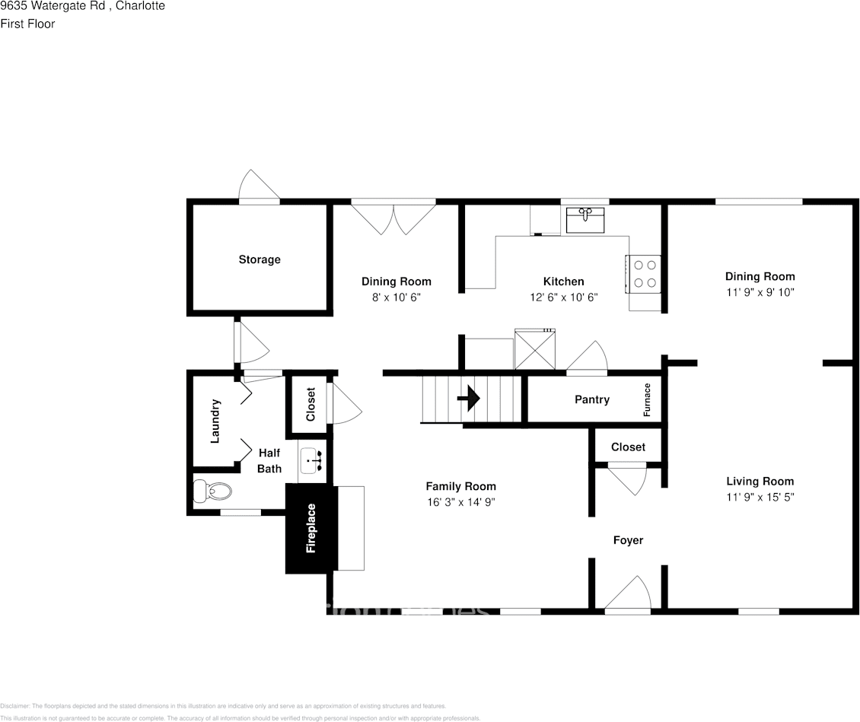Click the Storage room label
pyautogui.click(x=260, y=259)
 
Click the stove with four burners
pyautogui.click(x=644, y=274)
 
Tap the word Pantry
pyautogui.click(x=591, y=399)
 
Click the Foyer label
pyautogui.click(x=628, y=540)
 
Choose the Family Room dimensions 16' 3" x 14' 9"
pyautogui.click(x=460, y=502)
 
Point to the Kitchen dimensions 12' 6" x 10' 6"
pyautogui.click(x=563, y=297)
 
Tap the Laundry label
pyautogui.click(x=215, y=421)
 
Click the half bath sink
pyautogui.click(x=312, y=460)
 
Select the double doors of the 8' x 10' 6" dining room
pyautogui.click(x=393, y=217)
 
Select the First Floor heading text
pyautogui.click(x=27, y=24)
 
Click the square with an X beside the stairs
pyautogui.click(x=535, y=349)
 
